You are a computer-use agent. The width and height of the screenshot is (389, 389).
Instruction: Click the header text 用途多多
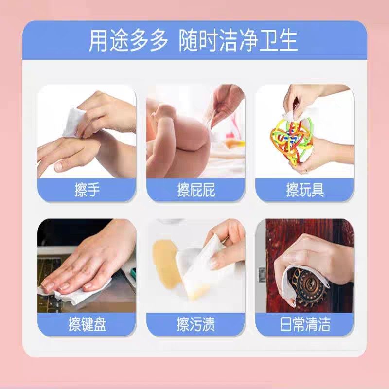pyautogui.click(x=128, y=41)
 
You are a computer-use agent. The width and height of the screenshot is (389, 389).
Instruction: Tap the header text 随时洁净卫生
pyautogui.click(x=238, y=41)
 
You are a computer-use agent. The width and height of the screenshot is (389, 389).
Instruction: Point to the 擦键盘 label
pyautogui.click(x=87, y=324)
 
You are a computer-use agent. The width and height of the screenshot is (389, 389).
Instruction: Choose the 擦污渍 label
pyautogui.click(x=196, y=324)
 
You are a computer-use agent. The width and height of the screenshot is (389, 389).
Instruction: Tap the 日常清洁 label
pyautogui.click(x=305, y=324)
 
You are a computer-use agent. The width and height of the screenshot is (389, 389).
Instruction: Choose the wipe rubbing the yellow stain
pyautogui.click(x=207, y=258)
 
